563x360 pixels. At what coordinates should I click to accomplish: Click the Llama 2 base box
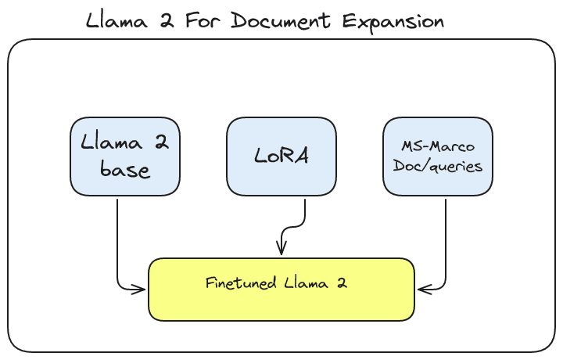(x=125, y=157)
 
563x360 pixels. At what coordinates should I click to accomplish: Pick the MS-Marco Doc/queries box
(x=438, y=157)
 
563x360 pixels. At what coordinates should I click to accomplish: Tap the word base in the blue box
(x=125, y=168)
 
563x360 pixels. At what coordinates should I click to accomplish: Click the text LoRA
(x=281, y=156)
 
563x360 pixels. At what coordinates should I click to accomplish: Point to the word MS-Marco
(x=438, y=147)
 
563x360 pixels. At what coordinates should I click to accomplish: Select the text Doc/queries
(x=438, y=166)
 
